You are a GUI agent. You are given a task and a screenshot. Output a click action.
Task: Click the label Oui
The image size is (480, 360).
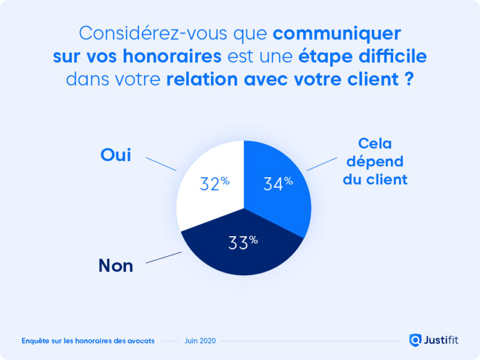click(x=116, y=155)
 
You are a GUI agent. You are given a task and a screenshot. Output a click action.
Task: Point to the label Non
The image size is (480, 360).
click(x=116, y=266)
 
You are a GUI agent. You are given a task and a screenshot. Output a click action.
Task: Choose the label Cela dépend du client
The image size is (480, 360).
click(x=375, y=161)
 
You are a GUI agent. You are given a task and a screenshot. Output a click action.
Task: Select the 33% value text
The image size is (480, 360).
click(x=243, y=243)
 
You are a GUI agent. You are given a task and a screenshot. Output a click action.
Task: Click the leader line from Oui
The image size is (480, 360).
click(x=161, y=164)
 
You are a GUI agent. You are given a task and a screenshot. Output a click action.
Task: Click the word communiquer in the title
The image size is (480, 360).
click(x=337, y=33)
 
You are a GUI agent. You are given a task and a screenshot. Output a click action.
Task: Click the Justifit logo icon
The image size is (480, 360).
click(x=415, y=340)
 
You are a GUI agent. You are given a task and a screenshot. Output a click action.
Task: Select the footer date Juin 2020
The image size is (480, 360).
click(x=200, y=341)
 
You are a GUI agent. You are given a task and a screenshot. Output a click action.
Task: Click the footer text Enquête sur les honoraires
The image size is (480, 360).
click(x=88, y=341)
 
